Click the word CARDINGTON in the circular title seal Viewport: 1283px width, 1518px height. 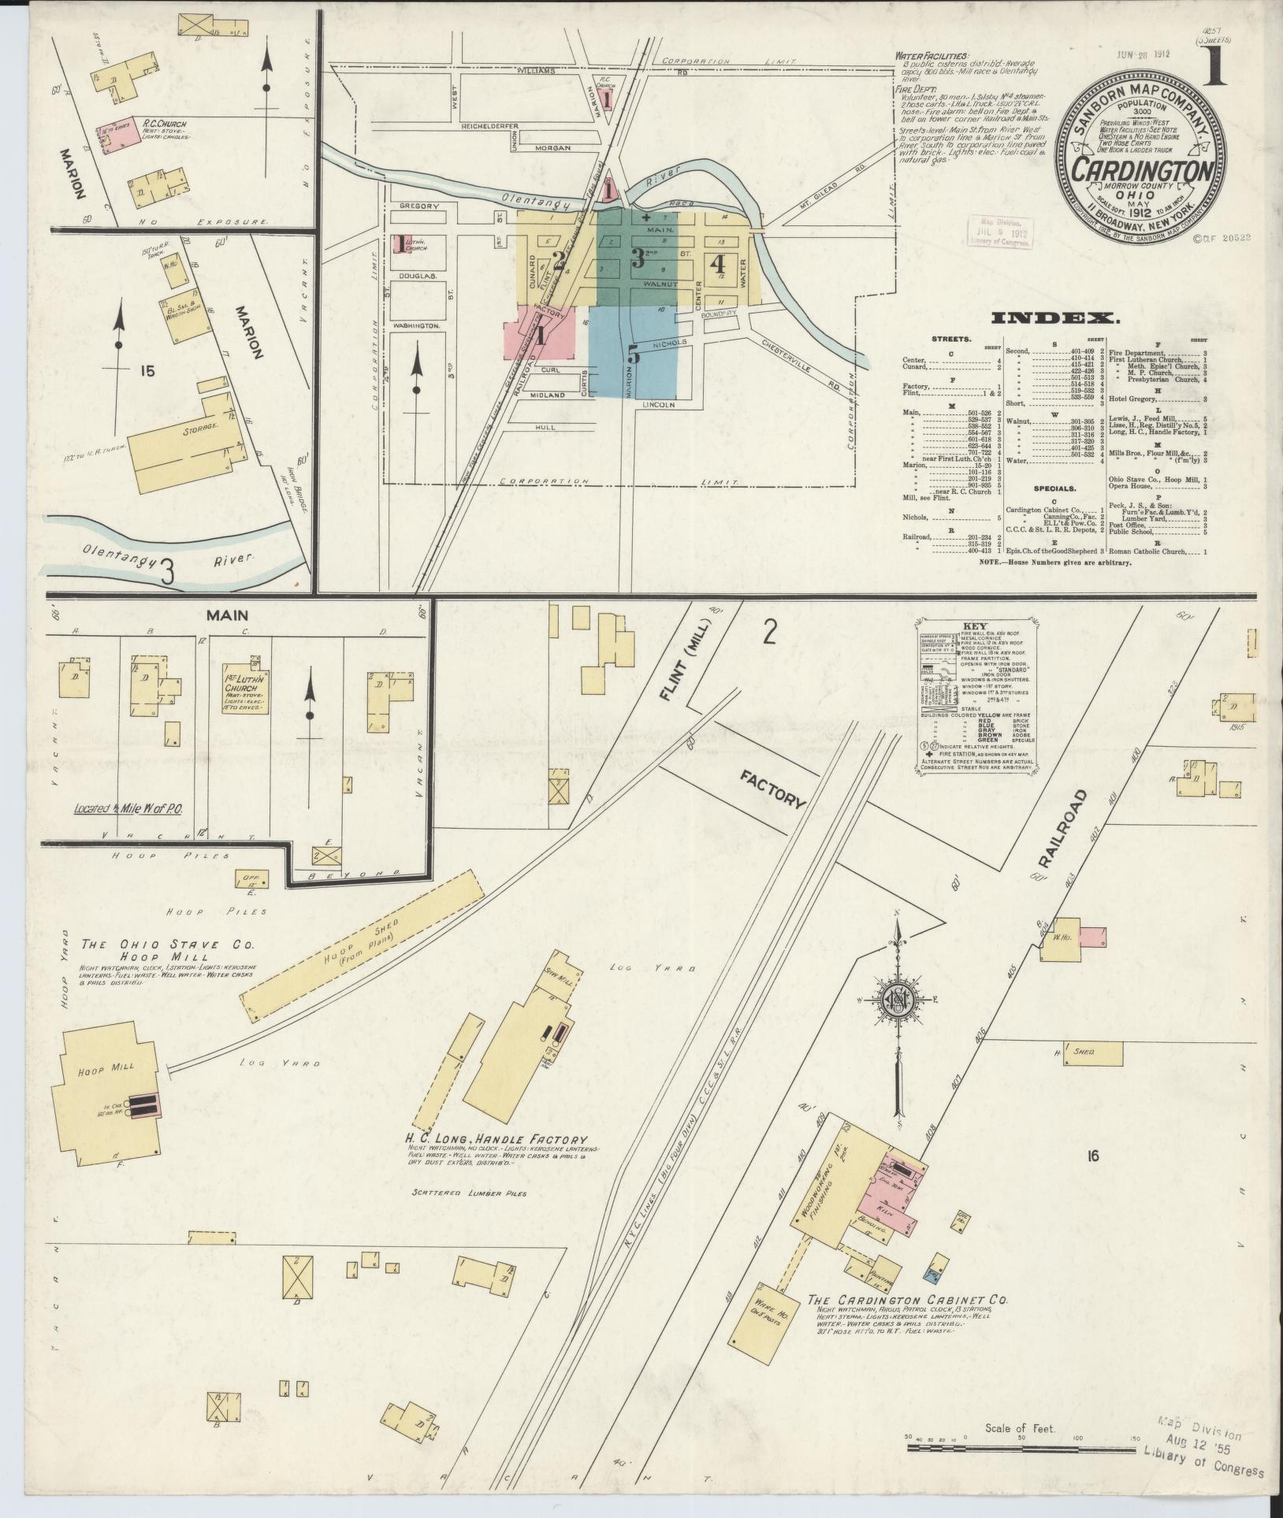coord(1141,170)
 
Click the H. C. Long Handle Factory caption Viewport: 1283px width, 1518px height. coord(496,1139)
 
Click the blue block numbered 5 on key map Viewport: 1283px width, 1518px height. coord(633,354)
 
